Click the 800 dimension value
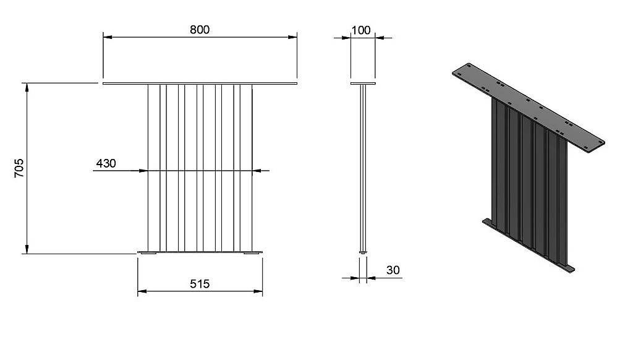[x=200, y=30]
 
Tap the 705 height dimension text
[x=19, y=168]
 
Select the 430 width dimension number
[x=106, y=163]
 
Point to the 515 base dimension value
[x=200, y=284]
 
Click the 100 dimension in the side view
[x=361, y=30]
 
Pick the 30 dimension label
[x=393, y=270]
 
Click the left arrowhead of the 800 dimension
[x=108, y=37]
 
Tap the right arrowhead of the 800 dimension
[x=292, y=37]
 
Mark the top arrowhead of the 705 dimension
[x=27, y=88]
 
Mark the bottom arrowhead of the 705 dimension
[x=27, y=249]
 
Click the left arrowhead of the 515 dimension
[x=142, y=291]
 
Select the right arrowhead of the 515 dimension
[x=258, y=291]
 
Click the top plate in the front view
[x=200, y=84]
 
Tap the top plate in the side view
[x=363, y=84]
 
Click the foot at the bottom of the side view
[x=363, y=252]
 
